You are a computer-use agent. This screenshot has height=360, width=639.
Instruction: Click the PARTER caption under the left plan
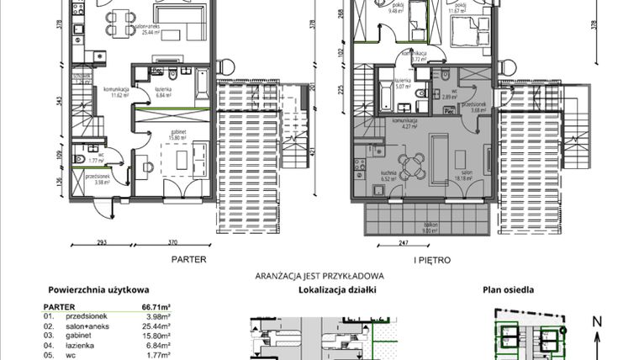[188, 261]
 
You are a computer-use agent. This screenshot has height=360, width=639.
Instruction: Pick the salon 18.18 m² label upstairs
[462, 177]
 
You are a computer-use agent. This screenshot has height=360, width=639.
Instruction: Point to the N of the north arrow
[596, 320]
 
